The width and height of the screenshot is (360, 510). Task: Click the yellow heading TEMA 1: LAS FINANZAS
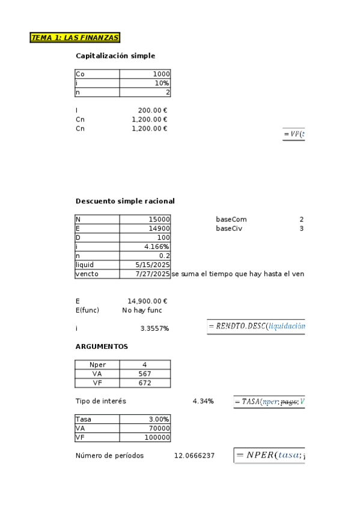click(x=75, y=38)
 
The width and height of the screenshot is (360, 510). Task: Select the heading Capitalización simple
click(x=115, y=56)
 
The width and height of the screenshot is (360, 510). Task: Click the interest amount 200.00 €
click(x=152, y=111)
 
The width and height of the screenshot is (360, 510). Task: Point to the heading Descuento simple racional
click(x=125, y=201)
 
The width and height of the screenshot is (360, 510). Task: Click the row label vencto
click(x=87, y=274)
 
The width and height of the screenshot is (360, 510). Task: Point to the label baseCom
click(x=231, y=220)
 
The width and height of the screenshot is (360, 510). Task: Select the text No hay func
click(x=142, y=310)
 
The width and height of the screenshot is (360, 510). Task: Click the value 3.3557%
click(x=154, y=328)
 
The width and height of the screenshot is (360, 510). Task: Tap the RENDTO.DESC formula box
click(x=256, y=327)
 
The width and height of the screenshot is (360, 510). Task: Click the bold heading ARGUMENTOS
click(x=102, y=346)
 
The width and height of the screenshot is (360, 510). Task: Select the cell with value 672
click(x=145, y=382)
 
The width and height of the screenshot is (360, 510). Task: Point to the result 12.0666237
click(x=194, y=456)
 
